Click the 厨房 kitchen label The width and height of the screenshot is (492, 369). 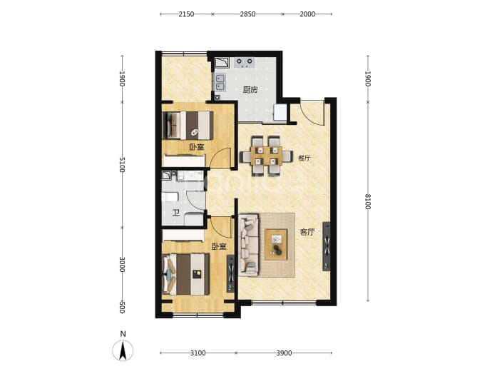[x=250, y=90]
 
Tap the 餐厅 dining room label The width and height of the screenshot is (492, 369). [x=304, y=158]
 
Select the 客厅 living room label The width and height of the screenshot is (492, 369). [x=307, y=233]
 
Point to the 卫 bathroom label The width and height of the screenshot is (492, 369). [x=176, y=213]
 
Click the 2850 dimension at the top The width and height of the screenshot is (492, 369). [x=247, y=14]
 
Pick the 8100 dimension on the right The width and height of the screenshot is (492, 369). [x=368, y=201]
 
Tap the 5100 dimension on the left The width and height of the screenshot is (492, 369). [x=123, y=165]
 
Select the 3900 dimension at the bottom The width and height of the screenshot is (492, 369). [x=284, y=353]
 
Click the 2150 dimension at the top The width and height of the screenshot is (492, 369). [x=186, y=14]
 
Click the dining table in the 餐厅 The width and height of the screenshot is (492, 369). [x=266, y=156]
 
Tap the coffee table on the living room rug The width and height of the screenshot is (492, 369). [x=276, y=245]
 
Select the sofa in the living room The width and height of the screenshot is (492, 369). [x=249, y=245]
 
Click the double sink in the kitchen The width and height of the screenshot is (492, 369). [x=220, y=82]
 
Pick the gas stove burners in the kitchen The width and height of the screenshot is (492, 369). [x=245, y=63]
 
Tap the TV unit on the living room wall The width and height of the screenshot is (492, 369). [x=327, y=246]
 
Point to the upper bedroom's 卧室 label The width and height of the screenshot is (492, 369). [x=197, y=147]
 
